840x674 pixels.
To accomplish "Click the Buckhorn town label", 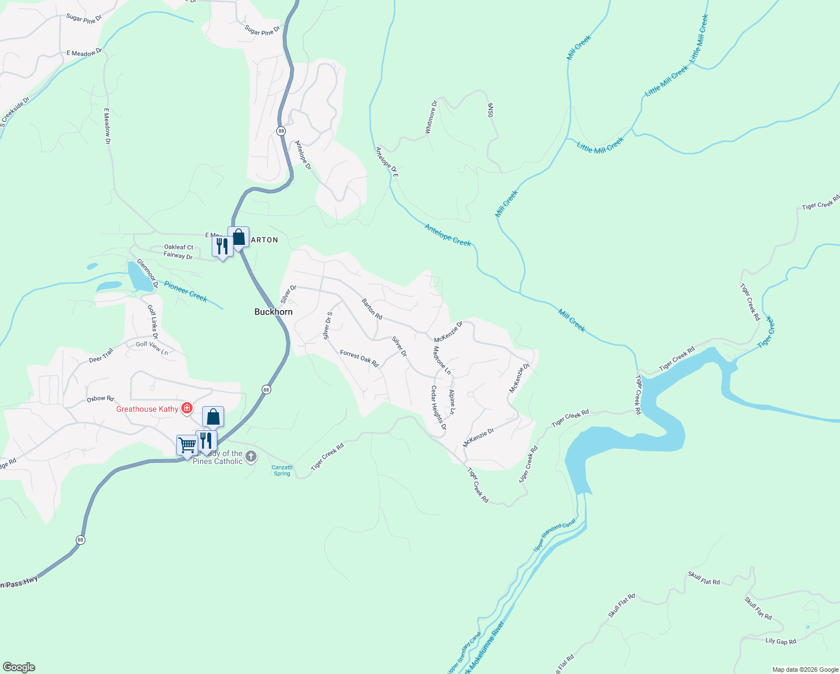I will (x=273, y=312).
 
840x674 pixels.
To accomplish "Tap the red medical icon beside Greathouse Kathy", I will (x=186, y=408).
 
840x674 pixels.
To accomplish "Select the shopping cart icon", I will (x=187, y=445).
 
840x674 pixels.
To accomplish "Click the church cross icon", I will (x=251, y=457).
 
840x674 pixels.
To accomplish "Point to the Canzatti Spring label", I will (x=282, y=471).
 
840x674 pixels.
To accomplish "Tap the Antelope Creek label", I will (x=448, y=235).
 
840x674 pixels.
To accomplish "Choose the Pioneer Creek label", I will (x=186, y=292).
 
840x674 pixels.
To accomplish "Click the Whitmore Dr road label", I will (x=431, y=117).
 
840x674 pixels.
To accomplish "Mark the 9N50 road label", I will (x=490, y=110).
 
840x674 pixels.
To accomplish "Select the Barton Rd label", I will (x=372, y=309).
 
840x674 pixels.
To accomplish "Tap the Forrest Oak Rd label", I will (x=359, y=359).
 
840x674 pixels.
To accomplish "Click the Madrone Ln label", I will (x=442, y=360).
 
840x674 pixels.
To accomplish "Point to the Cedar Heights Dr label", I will (x=439, y=407).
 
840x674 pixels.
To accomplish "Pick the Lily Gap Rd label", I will (x=780, y=641).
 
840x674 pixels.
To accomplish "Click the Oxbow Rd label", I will (x=101, y=399).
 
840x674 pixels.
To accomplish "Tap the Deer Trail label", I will (x=101, y=356).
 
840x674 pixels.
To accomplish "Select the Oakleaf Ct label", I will (x=179, y=247).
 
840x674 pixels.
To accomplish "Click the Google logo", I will (x=19, y=667).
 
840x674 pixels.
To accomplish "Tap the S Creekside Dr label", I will (x=15, y=112).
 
